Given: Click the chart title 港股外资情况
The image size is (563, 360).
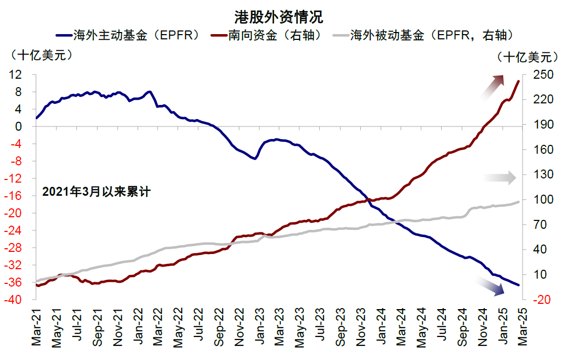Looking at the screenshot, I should point(278,17).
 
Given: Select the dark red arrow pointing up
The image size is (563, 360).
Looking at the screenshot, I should point(493,86).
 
